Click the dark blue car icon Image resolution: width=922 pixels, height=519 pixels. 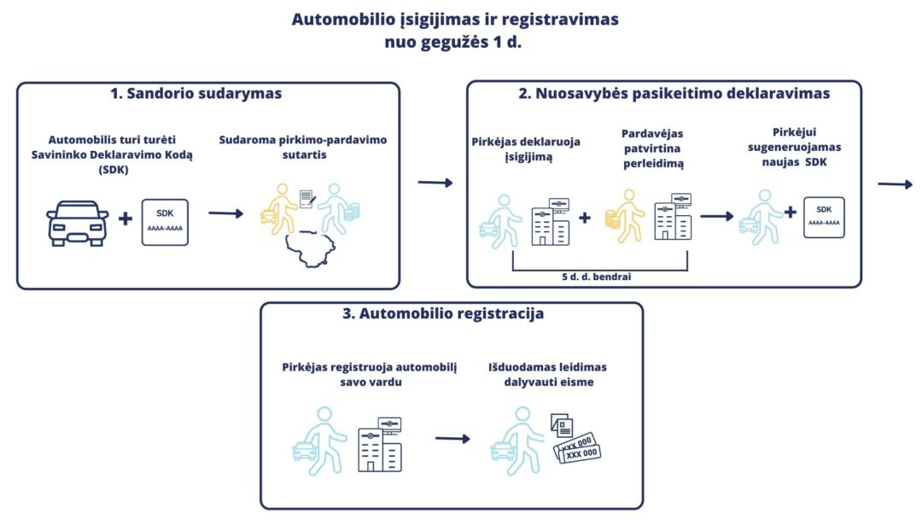pyautogui.click(x=76, y=223)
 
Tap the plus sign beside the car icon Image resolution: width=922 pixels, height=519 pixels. pyautogui.click(x=125, y=219)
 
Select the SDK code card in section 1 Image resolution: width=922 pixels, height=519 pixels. pyautogui.click(x=165, y=222)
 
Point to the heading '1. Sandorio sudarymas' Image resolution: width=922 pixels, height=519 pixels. pyautogui.click(x=195, y=94)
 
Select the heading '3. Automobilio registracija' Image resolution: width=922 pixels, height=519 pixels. pyautogui.click(x=442, y=314)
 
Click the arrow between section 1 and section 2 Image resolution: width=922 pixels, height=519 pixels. pyautogui.click(x=435, y=182)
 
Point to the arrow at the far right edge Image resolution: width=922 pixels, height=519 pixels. pyautogui.click(x=897, y=182)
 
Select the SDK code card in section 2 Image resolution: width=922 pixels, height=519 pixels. pyautogui.click(x=824, y=217)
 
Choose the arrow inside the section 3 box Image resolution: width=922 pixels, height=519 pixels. pyautogui.click(x=452, y=439)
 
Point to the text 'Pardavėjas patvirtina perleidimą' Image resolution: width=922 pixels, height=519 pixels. pyautogui.click(x=652, y=149)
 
